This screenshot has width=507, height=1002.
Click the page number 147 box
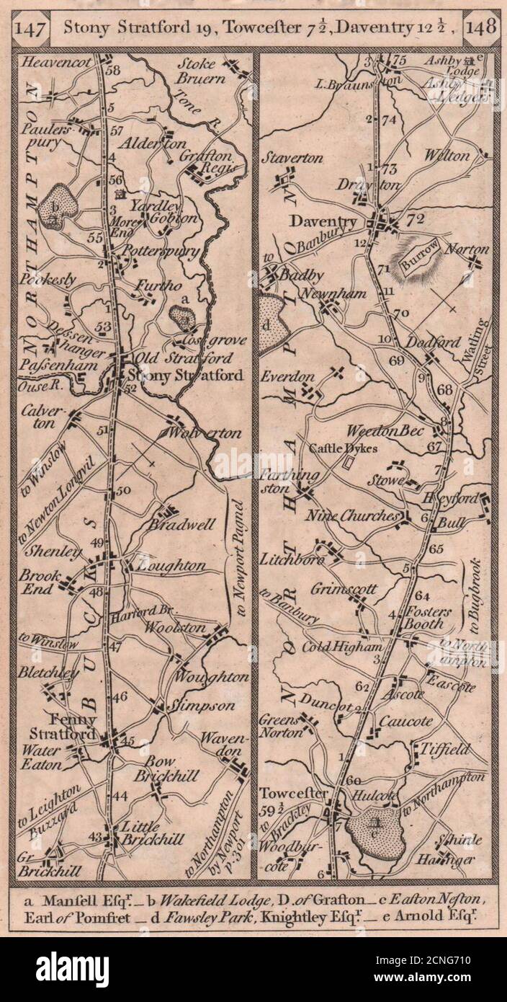coord(36,30)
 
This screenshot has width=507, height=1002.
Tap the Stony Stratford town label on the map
coord(177,376)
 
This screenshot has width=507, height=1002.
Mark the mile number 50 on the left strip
coord(122,491)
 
